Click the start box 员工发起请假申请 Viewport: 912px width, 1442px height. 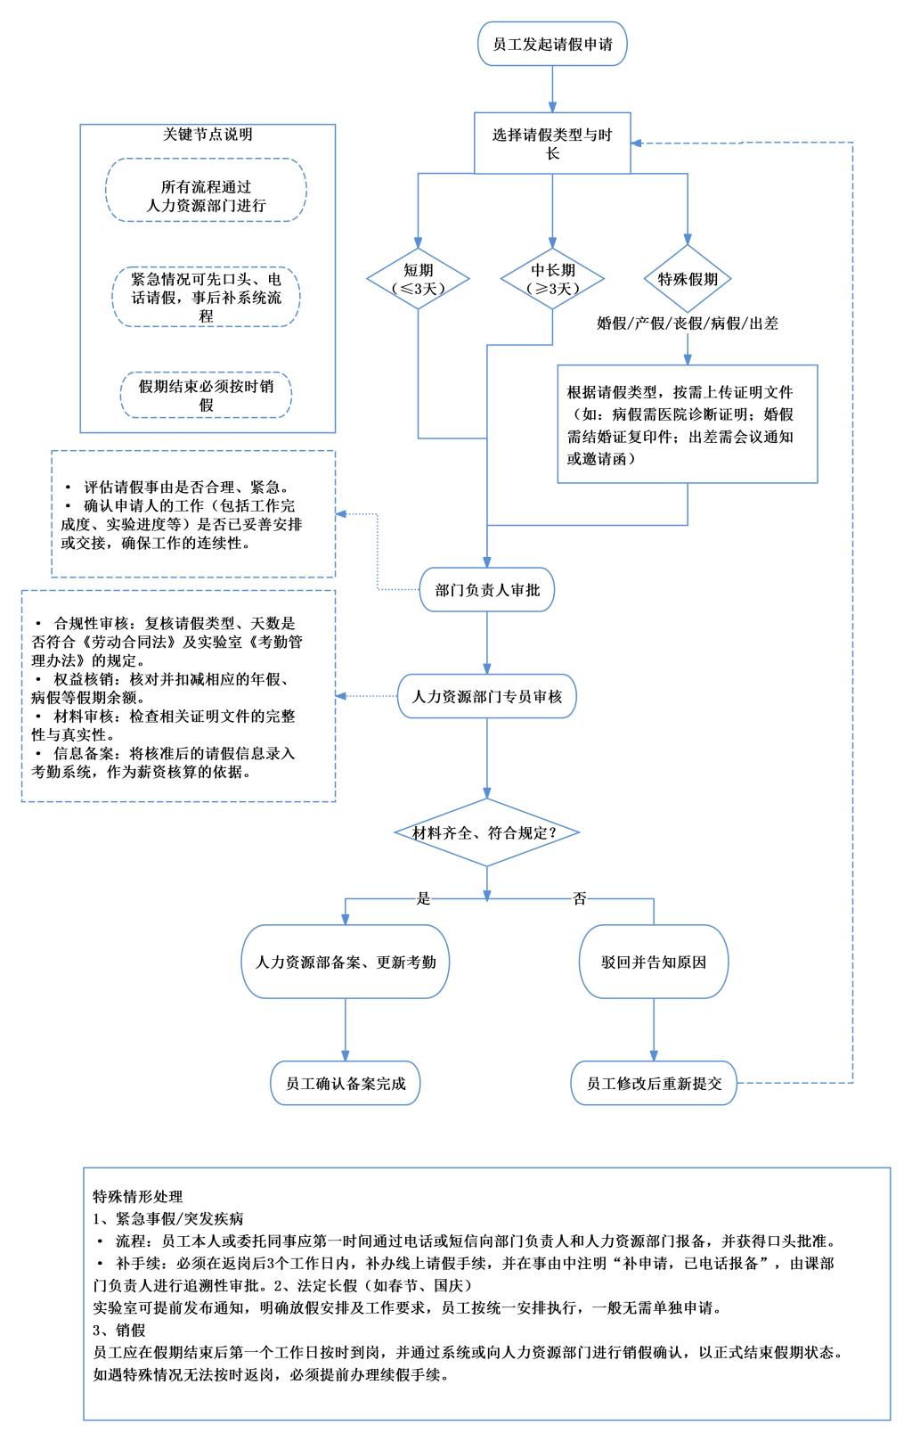[552, 45]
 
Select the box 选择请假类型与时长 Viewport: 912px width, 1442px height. [552, 143]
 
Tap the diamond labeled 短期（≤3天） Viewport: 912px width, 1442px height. [419, 279]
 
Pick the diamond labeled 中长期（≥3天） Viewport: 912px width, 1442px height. [552, 279]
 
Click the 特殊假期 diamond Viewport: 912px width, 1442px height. [687, 279]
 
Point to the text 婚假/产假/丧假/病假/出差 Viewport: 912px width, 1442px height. [687, 324]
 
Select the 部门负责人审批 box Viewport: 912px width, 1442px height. [486, 590]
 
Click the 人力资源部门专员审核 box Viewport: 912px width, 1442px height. [486, 697]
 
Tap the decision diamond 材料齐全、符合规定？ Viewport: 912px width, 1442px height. [486, 832]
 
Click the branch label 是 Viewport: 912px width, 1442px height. [424, 898]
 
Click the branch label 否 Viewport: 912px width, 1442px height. [580, 898]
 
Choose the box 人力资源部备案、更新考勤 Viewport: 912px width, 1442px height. [346, 963]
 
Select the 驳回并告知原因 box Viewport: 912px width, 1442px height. [655, 963]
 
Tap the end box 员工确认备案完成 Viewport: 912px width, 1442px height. [346, 1084]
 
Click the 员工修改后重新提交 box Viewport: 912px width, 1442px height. [655, 1084]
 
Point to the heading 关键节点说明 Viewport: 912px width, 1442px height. [208, 135]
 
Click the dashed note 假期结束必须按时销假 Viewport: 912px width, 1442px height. [207, 396]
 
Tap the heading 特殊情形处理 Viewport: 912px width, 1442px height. [137, 1196]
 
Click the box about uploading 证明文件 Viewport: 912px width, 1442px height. [687, 424]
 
